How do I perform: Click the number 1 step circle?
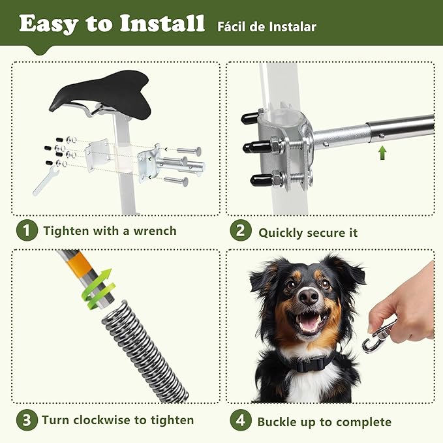click(x=27, y=231)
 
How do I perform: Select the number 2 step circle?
click(x=241, y=232)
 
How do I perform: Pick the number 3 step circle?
click(x=27, y=420)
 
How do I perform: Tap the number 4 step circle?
click(x=241, y=421)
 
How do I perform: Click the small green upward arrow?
click(x=382, y=153)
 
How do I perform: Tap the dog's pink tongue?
click(x=309, y=323)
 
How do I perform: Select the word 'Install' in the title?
click(x=161, y=25)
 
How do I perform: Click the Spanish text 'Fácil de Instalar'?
click(x=267, y=27)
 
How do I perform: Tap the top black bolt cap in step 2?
click(x=250, y=117)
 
